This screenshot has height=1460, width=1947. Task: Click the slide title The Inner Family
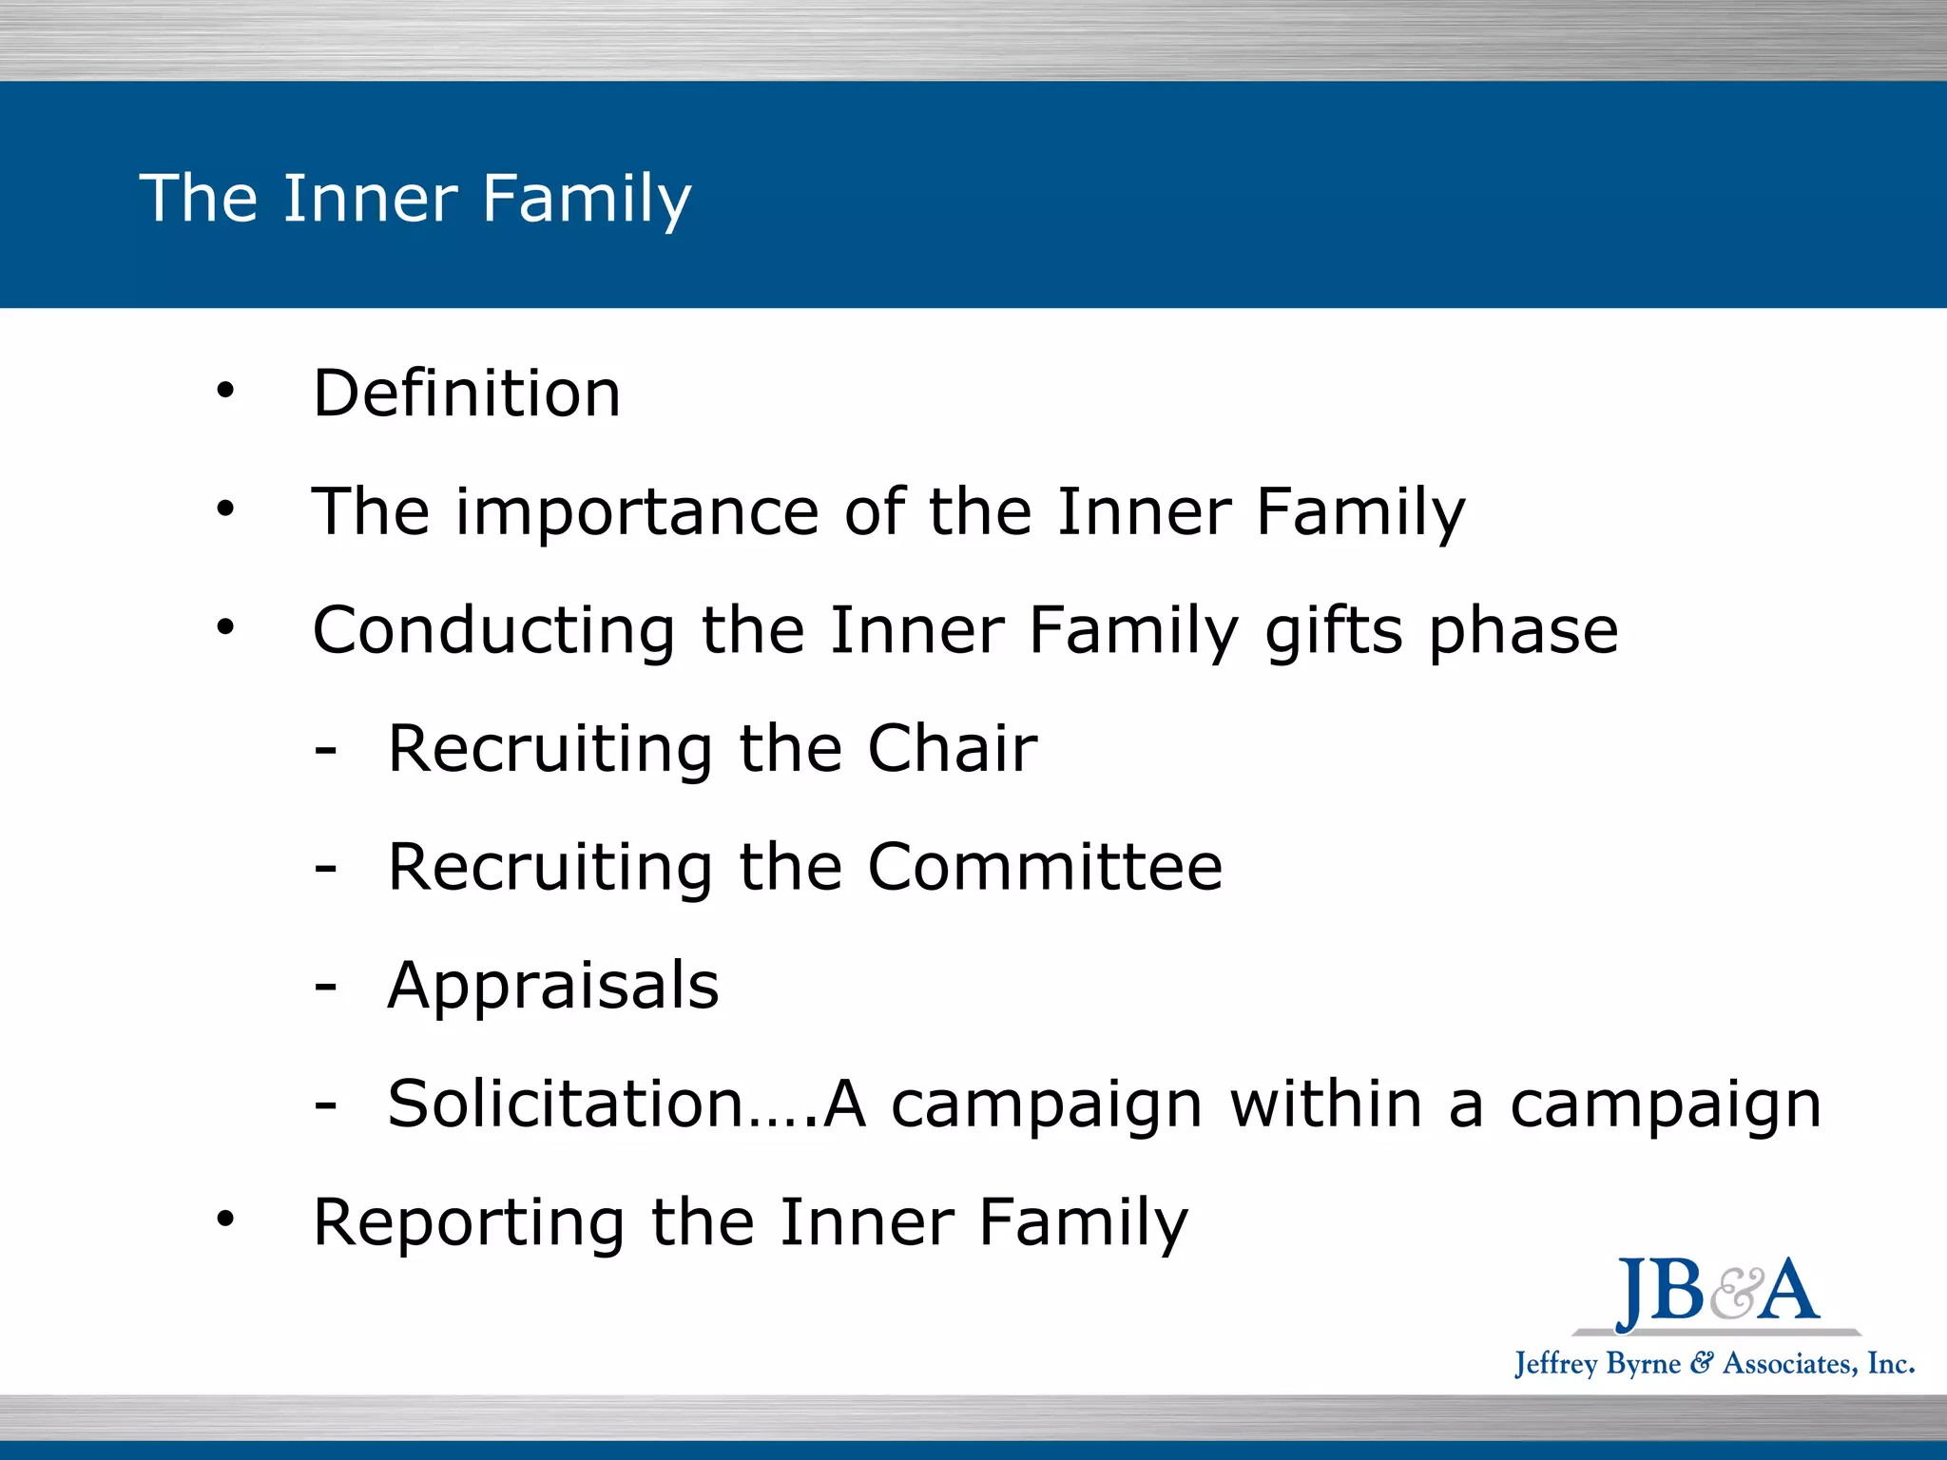[x=415, y=198]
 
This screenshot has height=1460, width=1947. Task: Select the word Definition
[x=467, y=394]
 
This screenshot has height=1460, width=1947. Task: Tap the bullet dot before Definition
[x=224, y=390]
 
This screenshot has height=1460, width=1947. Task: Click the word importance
[x=637, y=512]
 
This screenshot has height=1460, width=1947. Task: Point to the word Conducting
[x=494, y=631]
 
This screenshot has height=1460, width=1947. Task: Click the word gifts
[x=1334, y=631]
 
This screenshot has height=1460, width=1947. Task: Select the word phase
[x=1524, y=631]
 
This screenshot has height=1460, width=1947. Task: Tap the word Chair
[x=952, y=749]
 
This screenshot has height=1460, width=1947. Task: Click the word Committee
[x=1045, y=867]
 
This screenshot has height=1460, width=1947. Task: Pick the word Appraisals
[x=553, y=986]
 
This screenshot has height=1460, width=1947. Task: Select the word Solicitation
[x=566, y=1104]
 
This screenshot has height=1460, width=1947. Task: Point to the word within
[x=1326, y=1104]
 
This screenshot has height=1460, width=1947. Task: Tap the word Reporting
[x=469, y=1222]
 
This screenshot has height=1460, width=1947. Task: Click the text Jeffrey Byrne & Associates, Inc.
[x=1714, y=1364]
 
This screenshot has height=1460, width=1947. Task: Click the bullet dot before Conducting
[x=224, y=627]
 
